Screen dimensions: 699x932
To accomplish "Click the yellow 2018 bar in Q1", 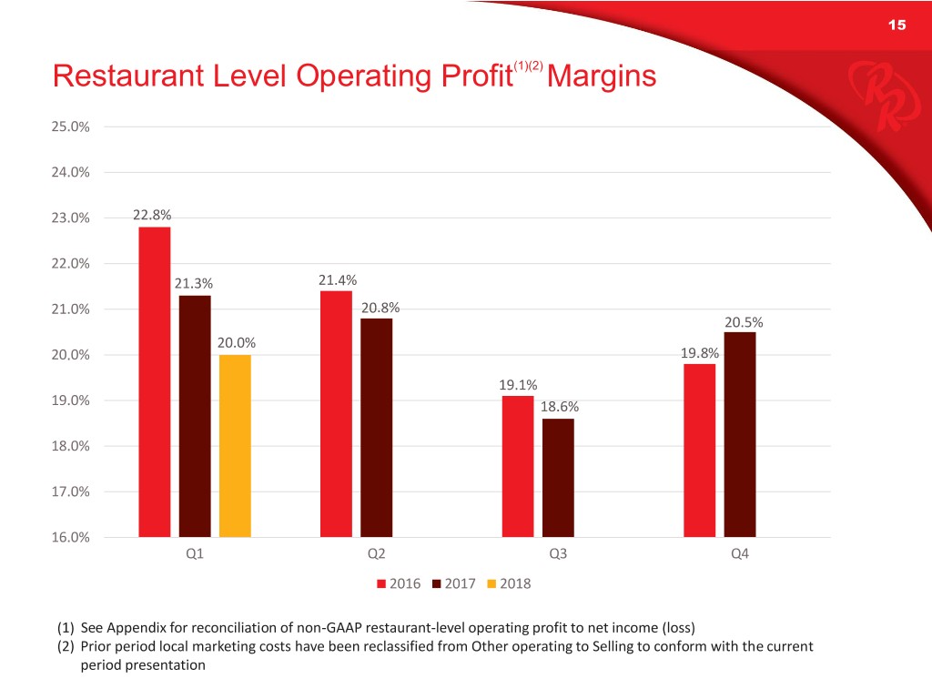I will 235,445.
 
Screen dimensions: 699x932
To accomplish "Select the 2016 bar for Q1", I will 154,381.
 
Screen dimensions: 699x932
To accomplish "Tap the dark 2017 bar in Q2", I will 376,427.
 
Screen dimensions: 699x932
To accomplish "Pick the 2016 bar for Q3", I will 518,466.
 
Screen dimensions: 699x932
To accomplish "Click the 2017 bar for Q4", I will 740,434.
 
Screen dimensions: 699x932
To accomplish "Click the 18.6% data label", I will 559,408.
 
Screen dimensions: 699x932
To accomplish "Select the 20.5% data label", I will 743,321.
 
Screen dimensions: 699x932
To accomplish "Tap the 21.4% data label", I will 337,280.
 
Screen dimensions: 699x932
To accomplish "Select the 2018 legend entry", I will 509,584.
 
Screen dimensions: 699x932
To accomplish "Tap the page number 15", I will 897,25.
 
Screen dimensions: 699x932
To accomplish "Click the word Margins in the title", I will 602,76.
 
